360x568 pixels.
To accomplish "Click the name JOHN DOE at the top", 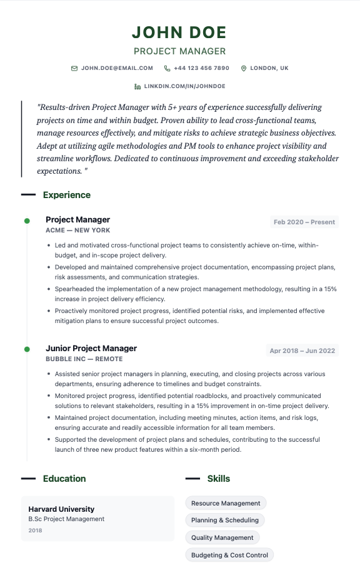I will [179, 32].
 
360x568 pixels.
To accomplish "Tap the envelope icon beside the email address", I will [74, 68].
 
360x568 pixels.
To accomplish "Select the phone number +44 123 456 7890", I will [201, 68].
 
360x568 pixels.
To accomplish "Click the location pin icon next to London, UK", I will [244, 68].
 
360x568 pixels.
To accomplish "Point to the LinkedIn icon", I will [137, 86].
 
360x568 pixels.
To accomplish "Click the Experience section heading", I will [66, 195].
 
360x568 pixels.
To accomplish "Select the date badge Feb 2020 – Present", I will [304, 222].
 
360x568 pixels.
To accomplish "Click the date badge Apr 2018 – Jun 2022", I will [302, 351].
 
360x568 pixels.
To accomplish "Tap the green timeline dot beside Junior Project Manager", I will [26, 349].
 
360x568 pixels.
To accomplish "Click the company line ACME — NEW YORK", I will [77, 231].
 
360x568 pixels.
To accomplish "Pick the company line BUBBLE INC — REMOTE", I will [84, 359].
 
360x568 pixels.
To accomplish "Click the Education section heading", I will [64, 479].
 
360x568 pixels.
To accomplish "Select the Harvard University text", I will [61, 509].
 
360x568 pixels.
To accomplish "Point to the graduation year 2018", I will [35, 531].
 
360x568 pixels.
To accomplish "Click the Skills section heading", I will [219, 479].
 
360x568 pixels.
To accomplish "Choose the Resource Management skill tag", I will [226, 503].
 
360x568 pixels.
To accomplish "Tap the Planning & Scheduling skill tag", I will [225, 520].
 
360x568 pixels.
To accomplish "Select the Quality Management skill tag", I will [222, 537].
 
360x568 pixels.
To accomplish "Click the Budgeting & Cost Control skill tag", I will [229, 555].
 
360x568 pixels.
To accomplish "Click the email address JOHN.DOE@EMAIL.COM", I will [117, 68].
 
